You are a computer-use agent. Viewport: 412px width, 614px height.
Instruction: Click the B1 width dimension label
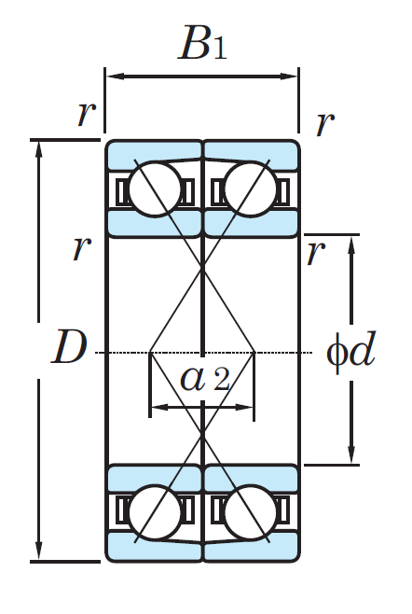click(202, 43)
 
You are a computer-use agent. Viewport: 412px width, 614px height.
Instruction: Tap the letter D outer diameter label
click(69, 347)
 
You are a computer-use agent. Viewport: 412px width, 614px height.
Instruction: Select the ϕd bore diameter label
click(351, 351)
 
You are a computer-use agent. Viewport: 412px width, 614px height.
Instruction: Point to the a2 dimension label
click(204, 379)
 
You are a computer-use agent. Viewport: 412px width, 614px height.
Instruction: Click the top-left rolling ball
click(156, 189)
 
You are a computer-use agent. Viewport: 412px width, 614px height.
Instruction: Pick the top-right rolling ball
click(251, 189)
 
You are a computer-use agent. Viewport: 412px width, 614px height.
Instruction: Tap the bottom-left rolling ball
click(156, 511)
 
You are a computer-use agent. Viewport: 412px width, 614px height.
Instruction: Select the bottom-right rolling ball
click(251, 511)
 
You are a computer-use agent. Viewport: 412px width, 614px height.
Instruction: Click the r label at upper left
click(87, 114)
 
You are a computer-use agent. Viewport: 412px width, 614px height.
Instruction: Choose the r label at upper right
click(325, 124)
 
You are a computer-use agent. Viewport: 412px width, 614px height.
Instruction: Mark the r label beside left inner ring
click(82, 248)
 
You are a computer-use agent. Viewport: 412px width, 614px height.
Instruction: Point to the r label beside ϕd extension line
click(316, 253)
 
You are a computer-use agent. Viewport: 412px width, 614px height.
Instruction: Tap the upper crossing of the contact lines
click(202, 269)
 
